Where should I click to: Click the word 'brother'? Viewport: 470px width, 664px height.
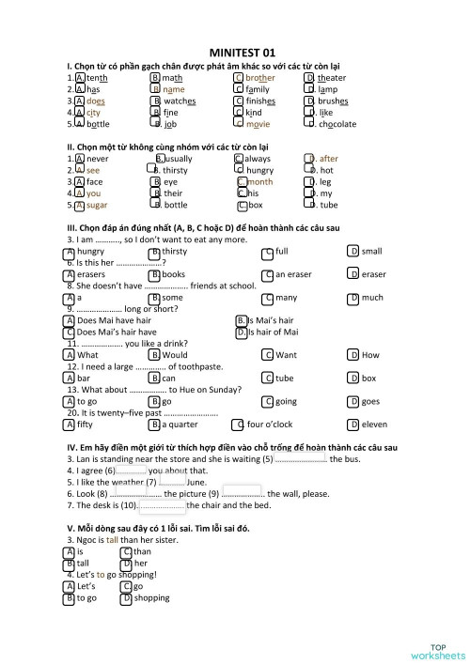(x=260, y=78)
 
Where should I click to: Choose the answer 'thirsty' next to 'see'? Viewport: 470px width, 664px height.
(x=176, y=171)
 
